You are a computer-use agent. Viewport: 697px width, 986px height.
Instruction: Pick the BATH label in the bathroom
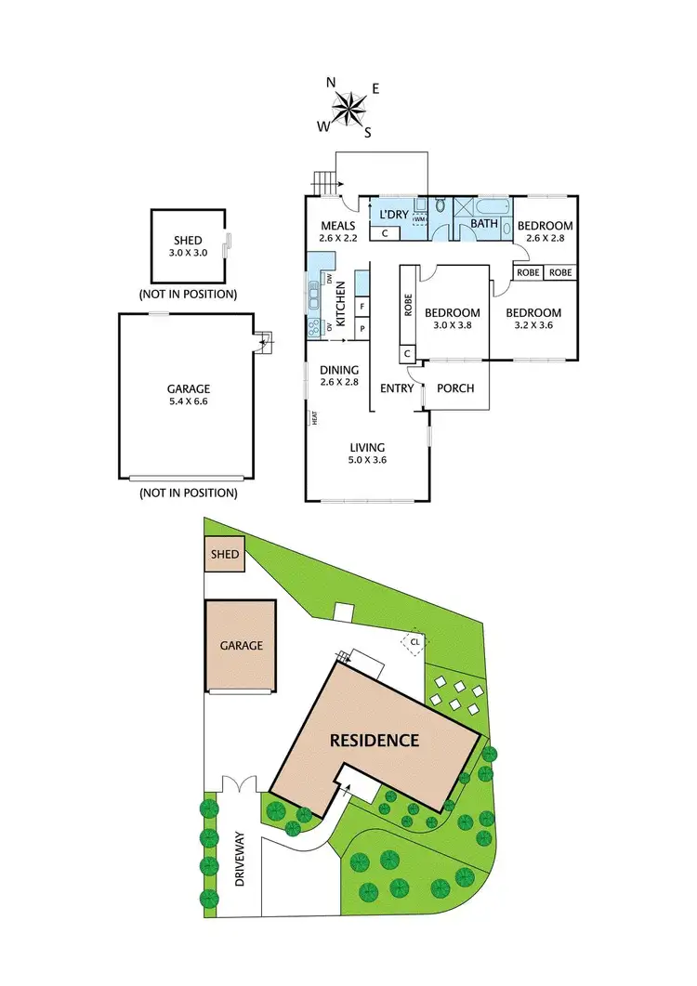[483, 223]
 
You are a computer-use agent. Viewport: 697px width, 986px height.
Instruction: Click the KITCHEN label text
[340, 305]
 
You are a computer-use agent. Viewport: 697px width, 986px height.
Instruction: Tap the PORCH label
[456, 388]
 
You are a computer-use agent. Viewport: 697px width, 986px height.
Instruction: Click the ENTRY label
[397, 388]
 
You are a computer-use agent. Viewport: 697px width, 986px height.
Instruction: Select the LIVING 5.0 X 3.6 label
[366, 453]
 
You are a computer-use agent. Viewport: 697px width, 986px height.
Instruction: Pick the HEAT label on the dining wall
[315, 419]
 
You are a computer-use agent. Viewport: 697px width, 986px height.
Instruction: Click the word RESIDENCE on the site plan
[375, 741]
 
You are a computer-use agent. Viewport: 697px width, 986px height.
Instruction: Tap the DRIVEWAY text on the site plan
[239, 857]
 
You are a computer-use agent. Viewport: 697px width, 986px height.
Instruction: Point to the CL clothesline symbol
[415, 640]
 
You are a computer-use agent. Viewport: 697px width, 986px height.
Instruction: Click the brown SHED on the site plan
[225, 555]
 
